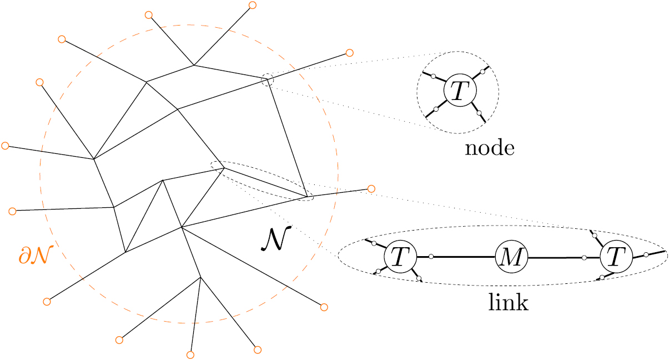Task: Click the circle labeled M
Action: click(x=511, y=257)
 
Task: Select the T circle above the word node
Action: click(x=457, y=90)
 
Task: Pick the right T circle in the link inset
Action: click(x=616, y=257)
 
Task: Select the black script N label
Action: click(x=273, y=239)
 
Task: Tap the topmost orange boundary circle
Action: click(x=252, y=5)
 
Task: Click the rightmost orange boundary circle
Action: click(x=371, y=188)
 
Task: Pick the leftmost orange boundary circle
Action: click(x=6, y=146)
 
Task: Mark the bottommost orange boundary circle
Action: click(x=190, y=354)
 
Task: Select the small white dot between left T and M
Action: click(x=431, y=257)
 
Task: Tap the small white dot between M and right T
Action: click(x=585, y=258)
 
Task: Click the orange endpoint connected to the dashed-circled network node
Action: click(x=350, y=53)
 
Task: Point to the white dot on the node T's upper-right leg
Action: click(x=483, y=71)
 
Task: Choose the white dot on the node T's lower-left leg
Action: click(x=436, y=109)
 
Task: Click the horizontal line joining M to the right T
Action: click(x=555, y=258)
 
